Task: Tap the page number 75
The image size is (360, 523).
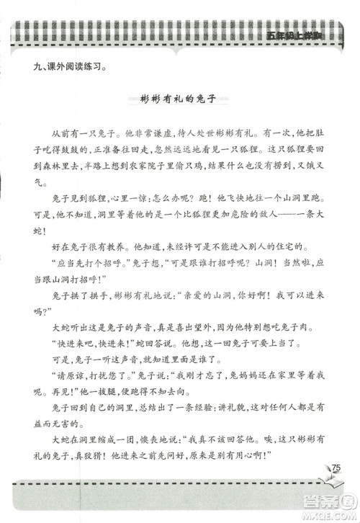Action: point(336,470)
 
